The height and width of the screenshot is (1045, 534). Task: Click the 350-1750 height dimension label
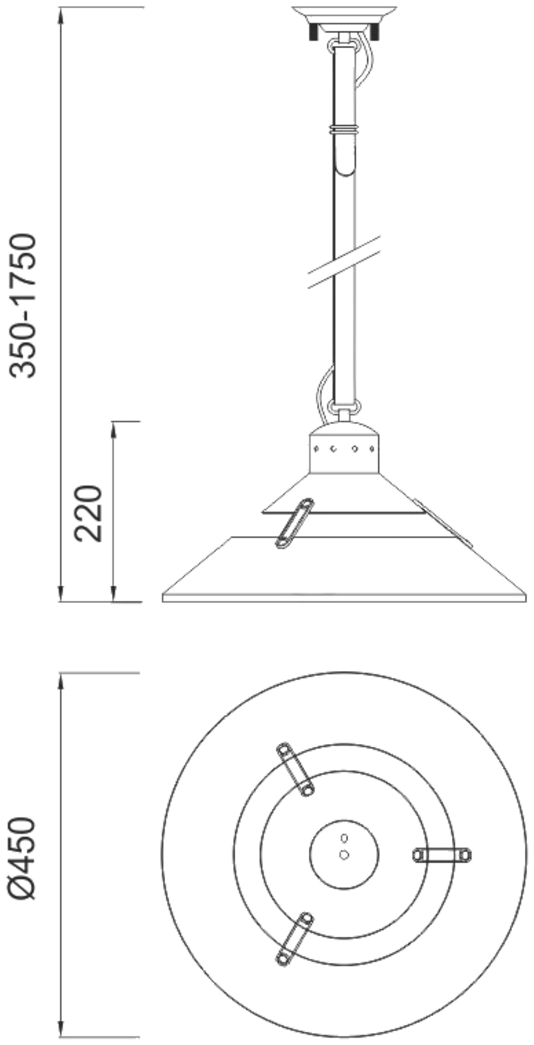23,306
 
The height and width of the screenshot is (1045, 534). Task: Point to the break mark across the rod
344,262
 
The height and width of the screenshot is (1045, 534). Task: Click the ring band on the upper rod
344,129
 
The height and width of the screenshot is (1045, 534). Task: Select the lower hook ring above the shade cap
345,406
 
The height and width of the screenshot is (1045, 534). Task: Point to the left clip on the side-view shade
294,523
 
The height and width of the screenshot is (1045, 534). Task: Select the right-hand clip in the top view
442,855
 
